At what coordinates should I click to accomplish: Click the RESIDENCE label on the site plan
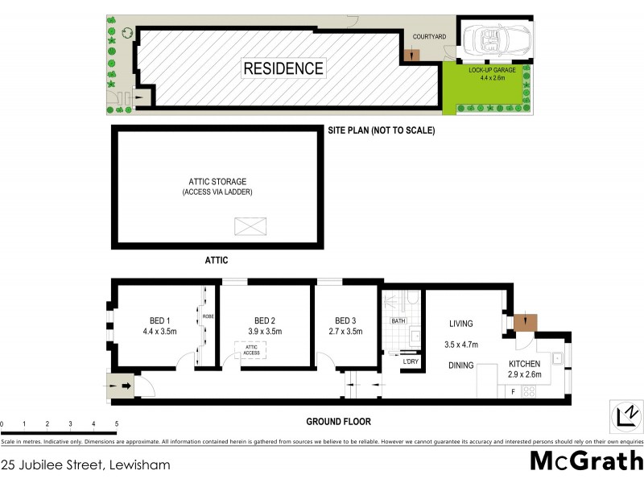coord(283,68)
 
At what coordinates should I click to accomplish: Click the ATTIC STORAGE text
coord(217,182)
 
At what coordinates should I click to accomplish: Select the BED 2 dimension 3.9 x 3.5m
coord(265,331)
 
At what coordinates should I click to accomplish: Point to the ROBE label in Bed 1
coord(207,316)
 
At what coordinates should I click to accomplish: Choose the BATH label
coord(398,321)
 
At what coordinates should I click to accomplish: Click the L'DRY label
coord(410,361)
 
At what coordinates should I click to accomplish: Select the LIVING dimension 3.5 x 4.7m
coord(461,345)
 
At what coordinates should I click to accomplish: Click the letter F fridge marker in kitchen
coord(512,391)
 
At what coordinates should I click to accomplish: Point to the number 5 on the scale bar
coord(117,423)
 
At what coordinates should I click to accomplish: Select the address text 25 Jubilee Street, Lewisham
coord(85,464)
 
